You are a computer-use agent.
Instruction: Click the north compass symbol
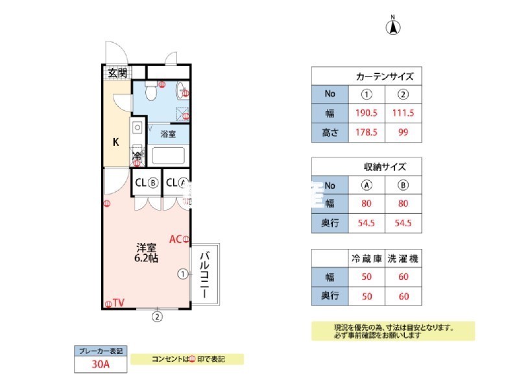click(393, 27)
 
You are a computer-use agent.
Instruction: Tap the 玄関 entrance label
click(117, 73)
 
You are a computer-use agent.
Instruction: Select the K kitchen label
click(115, 142)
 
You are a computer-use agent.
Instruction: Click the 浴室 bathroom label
click(168, 134)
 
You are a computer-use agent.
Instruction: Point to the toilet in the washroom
click(151, 93)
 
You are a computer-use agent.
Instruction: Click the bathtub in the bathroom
click(167, 156)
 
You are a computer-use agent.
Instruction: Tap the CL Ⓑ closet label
click(147, 182)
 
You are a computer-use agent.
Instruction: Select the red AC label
click(175, 239)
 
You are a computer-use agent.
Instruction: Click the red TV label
click(118, 303)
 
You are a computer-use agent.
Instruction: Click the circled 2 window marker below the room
click(156, 317)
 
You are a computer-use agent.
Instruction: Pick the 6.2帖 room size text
click(146, 257)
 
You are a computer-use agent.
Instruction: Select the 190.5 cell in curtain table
click(366, 113)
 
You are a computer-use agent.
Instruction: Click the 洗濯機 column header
click(403, 258)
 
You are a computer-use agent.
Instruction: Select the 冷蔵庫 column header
click(366, 258)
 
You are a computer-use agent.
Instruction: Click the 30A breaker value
click(101, 364)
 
